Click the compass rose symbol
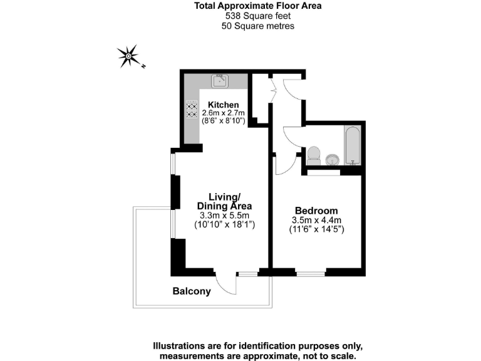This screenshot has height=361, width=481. [128, 56]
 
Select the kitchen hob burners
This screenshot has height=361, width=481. [190, 110]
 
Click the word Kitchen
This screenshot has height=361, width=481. [224, 105]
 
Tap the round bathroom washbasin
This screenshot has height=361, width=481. [333, 159]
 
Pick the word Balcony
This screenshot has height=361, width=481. [192, 291]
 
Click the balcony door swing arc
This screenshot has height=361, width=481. [227, 286]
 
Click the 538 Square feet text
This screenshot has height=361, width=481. [257, 17]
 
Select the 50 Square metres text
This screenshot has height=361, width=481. [257, 26]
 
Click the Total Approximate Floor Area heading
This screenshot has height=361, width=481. [257, 7]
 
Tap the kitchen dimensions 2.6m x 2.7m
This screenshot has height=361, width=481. [224, 113]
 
